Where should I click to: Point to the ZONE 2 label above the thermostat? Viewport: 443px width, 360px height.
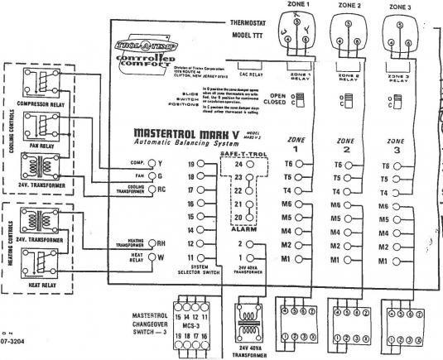(x=352, y=6)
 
